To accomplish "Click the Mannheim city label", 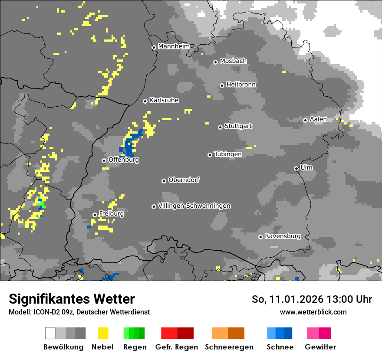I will (174, 46).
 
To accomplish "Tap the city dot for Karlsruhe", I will (145, 101).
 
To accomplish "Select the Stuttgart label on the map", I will (238, 126).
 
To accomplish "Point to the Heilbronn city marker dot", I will (222, 85).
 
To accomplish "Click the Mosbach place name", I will (233, 61).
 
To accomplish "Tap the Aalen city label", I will (318, 119).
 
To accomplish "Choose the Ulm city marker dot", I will (296, 168).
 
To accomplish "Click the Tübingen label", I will (228, 154).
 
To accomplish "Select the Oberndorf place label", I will (184, 180).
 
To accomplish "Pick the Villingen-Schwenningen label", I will (194, 206).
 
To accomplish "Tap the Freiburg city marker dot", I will (95, 215).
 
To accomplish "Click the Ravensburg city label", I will (283, 236).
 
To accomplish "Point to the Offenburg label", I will (124, 160).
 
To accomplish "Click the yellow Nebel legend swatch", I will (103, 333).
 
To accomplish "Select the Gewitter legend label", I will (320, 347).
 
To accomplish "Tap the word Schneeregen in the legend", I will (229, 347).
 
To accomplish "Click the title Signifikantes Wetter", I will (72, 299).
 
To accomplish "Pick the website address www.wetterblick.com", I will (313, 312).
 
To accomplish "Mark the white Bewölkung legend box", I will (50, 333).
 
